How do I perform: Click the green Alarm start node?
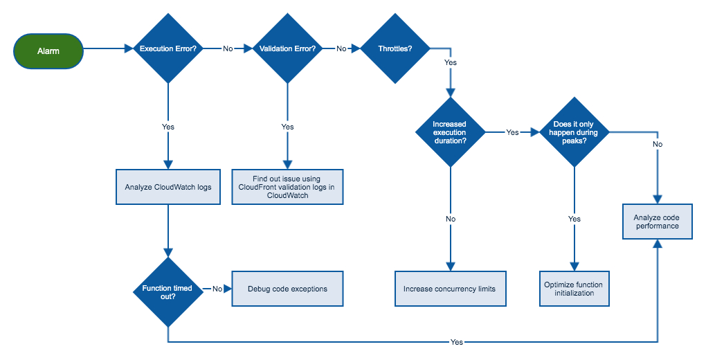(48, 51)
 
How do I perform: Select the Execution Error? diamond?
(168, 48)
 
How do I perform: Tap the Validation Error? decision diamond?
(287, 48)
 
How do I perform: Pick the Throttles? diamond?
(395, 48)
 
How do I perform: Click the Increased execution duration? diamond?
(451, 132)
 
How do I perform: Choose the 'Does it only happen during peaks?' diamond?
(574, 132)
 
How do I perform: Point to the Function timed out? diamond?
(168, 292)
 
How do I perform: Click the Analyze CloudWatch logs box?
(168, 187)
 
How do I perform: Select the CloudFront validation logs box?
(287, 187)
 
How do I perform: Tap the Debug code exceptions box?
(287, 289)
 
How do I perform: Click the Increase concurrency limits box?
(451, 289)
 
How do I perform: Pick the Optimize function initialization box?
(574, 289)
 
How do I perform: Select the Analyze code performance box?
(658, 222)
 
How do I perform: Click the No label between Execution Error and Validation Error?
(228, 48)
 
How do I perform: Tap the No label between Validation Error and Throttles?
(341, 48)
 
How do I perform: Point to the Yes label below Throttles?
(451, 62)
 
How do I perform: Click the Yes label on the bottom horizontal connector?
(457, 343)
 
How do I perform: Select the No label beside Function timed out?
(217, 289)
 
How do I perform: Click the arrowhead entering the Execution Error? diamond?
(129, 48)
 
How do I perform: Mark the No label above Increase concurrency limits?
(451, 219)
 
